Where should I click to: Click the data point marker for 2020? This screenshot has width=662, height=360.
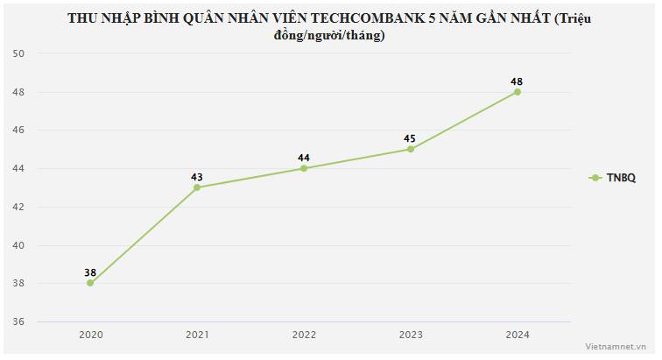coord(90,283)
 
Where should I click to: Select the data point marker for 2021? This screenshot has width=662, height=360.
coord(197,187)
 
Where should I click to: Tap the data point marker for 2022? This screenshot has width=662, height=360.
coord(304,168)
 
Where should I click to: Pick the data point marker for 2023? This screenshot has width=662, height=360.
coord(410,149)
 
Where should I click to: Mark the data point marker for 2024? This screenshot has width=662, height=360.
coord(517,92)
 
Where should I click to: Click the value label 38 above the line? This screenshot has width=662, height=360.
coord(90,272)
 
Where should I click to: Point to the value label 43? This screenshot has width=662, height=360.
coord(197,177)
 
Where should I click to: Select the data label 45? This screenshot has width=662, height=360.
coord(410,138)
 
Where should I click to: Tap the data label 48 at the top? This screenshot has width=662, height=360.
coord(517,81)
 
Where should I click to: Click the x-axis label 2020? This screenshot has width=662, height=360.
coord(90,335)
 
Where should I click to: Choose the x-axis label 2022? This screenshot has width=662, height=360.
coord(304,335)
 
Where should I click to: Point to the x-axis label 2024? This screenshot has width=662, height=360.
coord(517,335)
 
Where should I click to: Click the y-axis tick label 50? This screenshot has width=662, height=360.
coord(18,53)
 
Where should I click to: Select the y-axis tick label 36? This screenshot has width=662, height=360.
coord(18,322)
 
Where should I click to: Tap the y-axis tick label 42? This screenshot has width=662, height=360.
coord(18,207)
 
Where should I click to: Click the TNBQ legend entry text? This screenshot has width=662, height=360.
coord(621,178)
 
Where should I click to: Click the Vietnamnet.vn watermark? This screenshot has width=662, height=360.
coord(623,348)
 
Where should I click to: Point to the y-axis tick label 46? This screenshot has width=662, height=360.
coord(18,130)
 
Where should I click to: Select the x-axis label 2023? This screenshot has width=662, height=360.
coord(410,335)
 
